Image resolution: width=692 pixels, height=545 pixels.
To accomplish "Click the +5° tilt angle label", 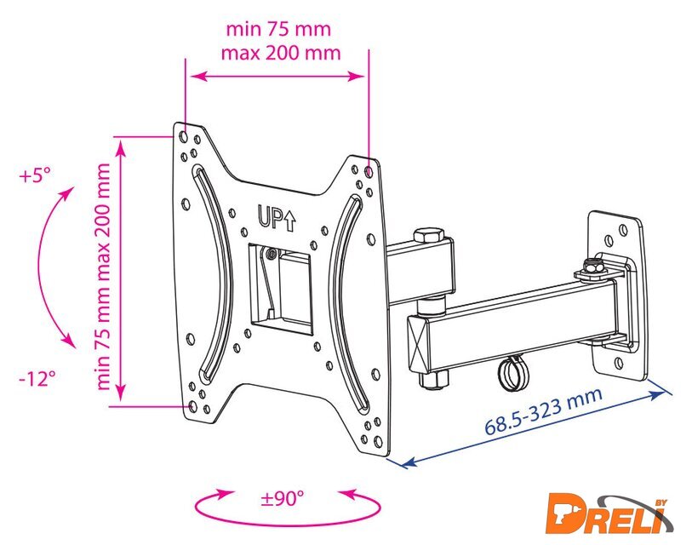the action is (35, 175).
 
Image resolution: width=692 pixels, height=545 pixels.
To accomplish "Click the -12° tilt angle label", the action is (37, 378).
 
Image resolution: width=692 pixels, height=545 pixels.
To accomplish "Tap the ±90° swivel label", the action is (283, 499).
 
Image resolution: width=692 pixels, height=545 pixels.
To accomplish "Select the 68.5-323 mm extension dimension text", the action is (544, 411).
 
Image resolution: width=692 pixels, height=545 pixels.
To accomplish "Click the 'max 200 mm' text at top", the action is (281, 53).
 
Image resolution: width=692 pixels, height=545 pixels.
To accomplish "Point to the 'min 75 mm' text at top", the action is (278, 29).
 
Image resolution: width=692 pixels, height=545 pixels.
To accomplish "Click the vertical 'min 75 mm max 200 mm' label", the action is (103, 277).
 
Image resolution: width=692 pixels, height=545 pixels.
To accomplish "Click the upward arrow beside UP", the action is (289, 221).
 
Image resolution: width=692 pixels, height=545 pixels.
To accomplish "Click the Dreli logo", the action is (609, 514).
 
